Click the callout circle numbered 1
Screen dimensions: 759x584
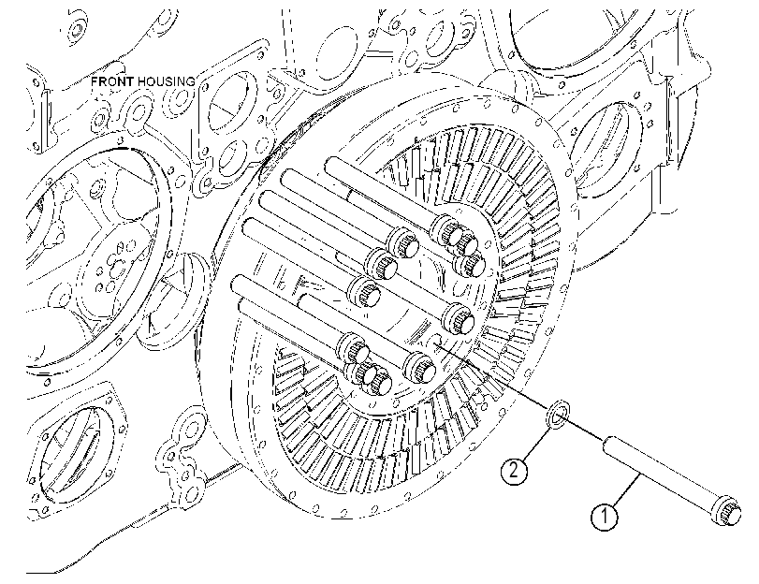[604, 517]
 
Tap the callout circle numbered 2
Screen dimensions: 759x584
[514, 470]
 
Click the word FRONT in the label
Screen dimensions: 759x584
[112, 81]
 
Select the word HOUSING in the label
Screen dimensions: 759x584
[166, 81]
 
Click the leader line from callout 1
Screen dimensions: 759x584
[626, 491]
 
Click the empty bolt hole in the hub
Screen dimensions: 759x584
[434, 340]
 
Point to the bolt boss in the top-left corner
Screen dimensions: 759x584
[75, 29]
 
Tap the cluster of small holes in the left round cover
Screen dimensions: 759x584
[114, 268]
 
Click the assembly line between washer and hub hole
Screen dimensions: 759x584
[494, 378]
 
